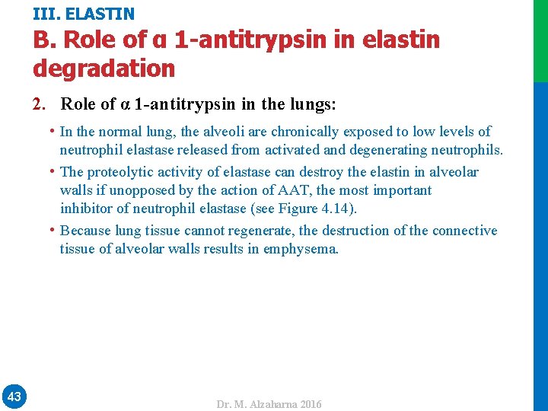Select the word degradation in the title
104,68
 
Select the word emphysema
300,248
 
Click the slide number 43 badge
14,396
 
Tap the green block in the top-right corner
540,40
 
